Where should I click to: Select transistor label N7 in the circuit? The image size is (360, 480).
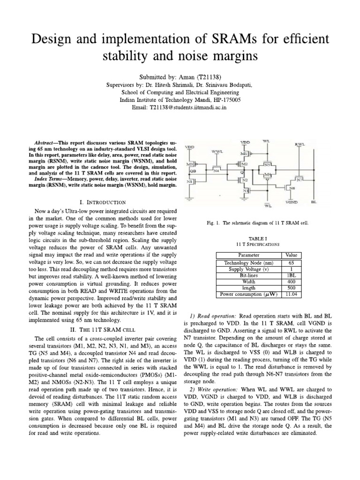click(x=299, y=180)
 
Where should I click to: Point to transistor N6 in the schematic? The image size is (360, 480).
click(x=293, y=188)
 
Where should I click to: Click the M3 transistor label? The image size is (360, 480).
click(x=189, y=164)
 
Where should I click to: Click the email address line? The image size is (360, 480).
click(x=180, y=107)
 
